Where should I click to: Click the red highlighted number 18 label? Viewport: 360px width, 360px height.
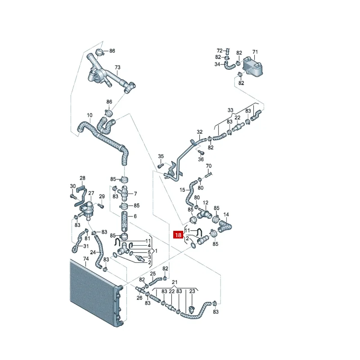click(178, 235)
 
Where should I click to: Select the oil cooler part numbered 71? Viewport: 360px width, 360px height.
click(252, 66)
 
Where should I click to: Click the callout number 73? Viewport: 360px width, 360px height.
click(117, 68)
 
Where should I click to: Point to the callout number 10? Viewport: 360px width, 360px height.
click(90, 115)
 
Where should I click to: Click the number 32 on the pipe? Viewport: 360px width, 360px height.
click(200, 132)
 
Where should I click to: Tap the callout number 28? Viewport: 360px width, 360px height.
click(82, 178)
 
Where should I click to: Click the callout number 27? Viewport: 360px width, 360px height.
click(91, 193)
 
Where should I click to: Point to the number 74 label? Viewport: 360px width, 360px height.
click(86, 259)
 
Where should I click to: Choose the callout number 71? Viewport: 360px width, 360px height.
click(255, 52)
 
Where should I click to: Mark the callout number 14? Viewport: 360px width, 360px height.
click(226, 215)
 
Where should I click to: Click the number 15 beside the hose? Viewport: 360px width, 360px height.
click(183, 190)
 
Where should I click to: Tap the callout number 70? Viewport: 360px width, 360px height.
click(208, 166)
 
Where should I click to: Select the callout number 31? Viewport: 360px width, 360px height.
click(86, 246)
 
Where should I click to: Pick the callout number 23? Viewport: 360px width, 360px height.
click(192, 292)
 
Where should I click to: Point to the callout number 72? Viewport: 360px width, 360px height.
click(220, 50)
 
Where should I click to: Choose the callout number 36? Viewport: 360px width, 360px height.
click(201, 159)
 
